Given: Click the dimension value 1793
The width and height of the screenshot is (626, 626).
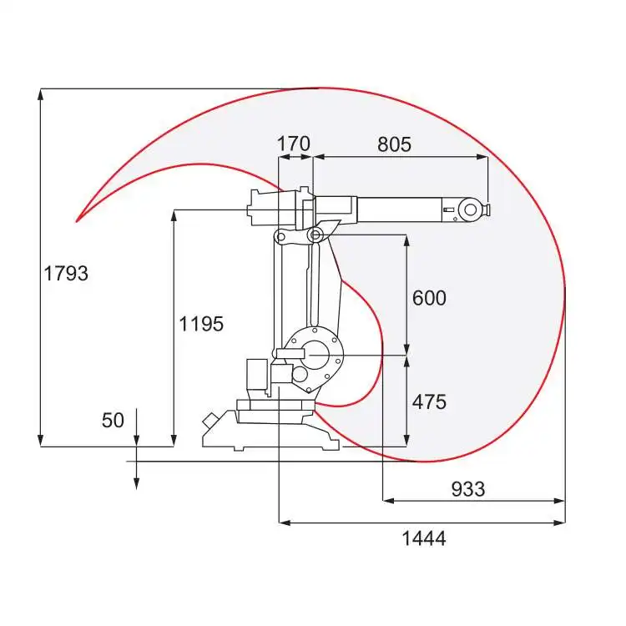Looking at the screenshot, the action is tap(66, 274).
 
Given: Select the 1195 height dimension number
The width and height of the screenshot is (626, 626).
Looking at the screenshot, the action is tap(201, 323).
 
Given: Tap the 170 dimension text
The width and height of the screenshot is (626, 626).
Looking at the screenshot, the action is tap(294, 144).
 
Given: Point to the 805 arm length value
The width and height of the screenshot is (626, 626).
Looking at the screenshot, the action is tap(394, 144).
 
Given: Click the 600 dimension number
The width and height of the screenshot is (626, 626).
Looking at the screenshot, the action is tap(429, 298).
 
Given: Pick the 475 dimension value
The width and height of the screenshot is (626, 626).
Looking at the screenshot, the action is tap(429, 401).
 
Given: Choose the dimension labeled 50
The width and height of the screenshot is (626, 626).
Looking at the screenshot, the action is tap(113, 421).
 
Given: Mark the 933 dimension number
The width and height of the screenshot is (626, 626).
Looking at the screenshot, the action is tap(468, 489).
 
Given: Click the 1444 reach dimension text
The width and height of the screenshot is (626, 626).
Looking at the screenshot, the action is tap(423, 538).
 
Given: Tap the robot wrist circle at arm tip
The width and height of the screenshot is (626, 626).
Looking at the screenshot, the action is tap(470, 210).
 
